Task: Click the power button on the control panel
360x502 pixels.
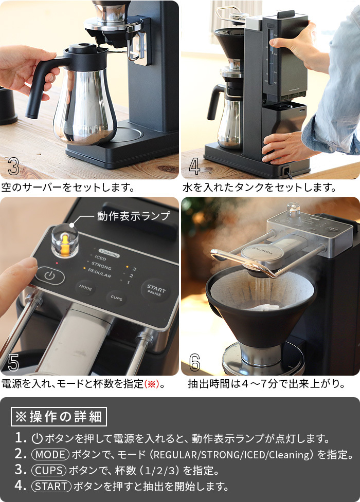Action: [x=50, y=276]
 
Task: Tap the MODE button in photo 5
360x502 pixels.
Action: [x=85, y=288]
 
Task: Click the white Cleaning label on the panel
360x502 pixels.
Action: [x=109, y=254]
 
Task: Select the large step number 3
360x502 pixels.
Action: [x=13, y=167]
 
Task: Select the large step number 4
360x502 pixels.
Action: [x=194, y=167]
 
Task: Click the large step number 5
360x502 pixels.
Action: [x=13, y=363]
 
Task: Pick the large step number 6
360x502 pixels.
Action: [x=194, y=363]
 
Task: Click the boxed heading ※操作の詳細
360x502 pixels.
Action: [x=59, y=417]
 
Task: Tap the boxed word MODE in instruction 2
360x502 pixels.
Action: [x=50, y=454]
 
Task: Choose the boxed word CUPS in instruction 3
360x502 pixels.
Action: [x=48, y=470]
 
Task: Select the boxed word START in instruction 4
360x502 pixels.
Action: [x=51, y=486]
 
